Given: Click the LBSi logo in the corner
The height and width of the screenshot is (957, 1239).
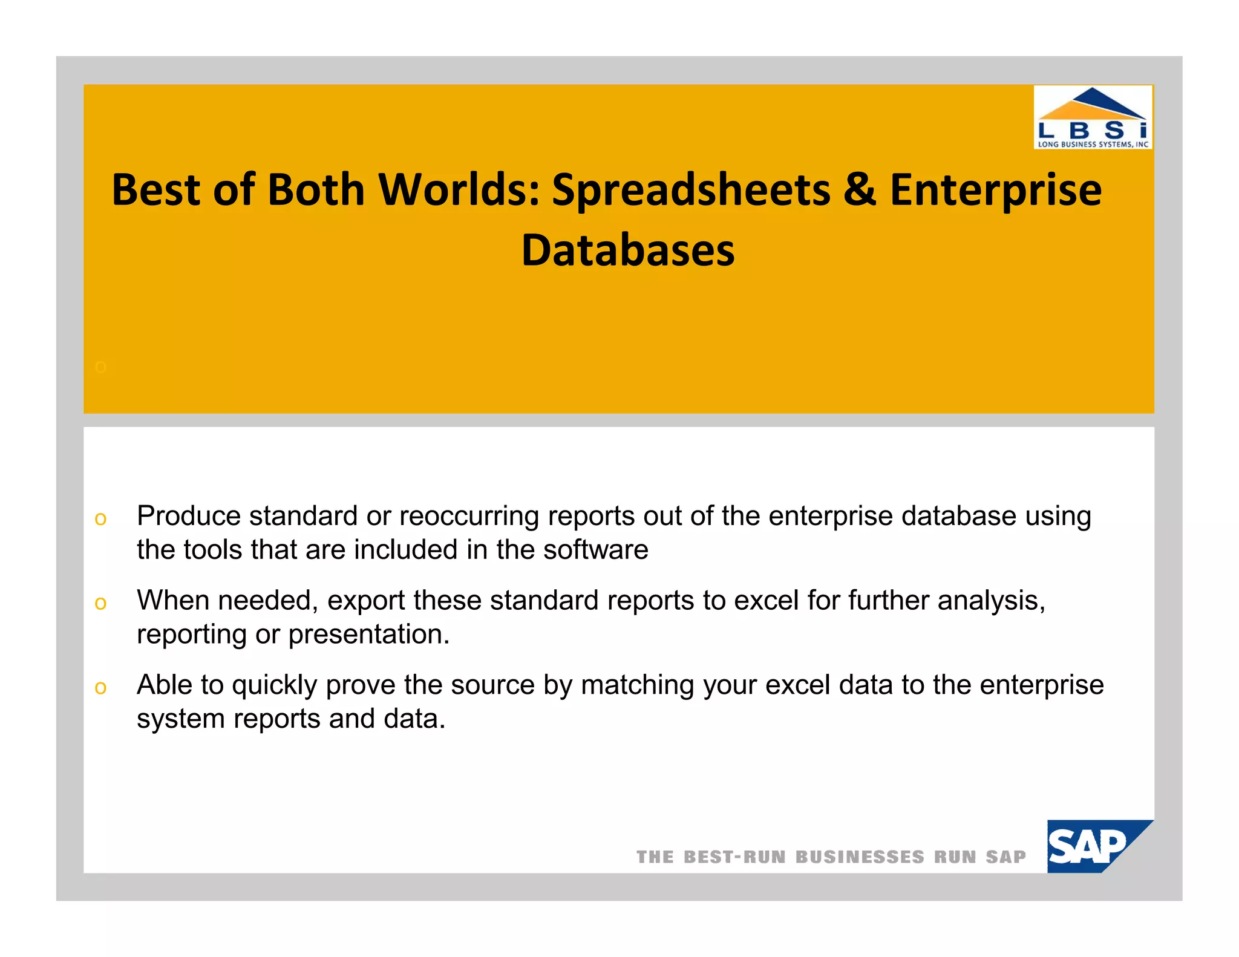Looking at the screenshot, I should [1093, 117].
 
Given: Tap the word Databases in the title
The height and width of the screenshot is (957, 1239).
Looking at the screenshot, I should [628, 250].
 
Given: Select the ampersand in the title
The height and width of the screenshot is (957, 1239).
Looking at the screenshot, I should [860, 189].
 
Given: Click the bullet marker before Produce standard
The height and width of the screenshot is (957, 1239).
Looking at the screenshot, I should [100, 518].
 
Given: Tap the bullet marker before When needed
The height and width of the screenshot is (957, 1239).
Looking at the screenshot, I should [100, 603].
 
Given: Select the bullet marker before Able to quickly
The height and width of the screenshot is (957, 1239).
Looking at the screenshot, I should [100, 688].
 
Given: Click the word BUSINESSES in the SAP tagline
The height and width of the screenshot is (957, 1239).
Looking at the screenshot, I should [860, 857].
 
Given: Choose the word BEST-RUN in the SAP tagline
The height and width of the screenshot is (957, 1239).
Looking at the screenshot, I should [734, 857].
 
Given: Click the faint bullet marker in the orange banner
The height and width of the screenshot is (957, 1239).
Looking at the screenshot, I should [100, 367].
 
